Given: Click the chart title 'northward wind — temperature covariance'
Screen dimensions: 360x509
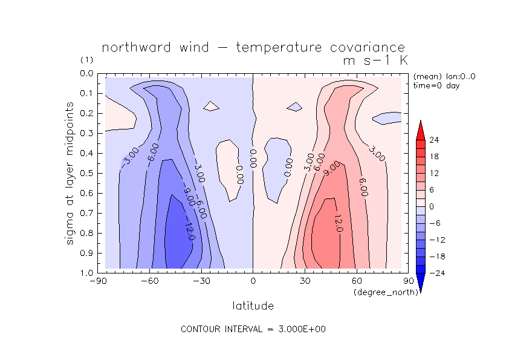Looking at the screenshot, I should click(x=253, y=47).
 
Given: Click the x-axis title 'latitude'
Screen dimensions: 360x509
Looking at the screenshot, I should click(x=253, y=306).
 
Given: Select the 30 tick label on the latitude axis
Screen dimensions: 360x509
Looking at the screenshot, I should click(x=304, y=281).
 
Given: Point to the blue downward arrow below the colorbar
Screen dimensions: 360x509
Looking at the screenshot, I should click(x=421, y=283).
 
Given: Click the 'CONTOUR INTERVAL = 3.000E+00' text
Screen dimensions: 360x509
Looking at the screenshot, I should click(x=254, y=330).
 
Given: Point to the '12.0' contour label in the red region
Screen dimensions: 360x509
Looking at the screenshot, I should click(x=337, y=222).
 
